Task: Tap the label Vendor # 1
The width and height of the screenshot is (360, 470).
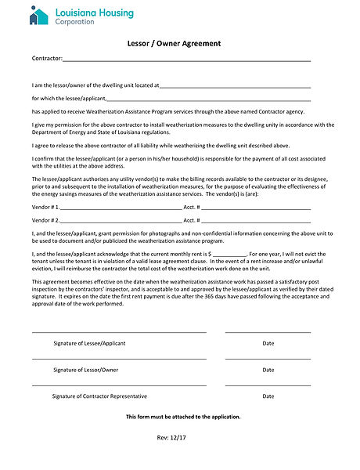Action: pos(45,207)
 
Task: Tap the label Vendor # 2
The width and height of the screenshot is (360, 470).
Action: pos(45,220)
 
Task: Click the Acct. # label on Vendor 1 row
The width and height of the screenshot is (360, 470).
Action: pos(192,207)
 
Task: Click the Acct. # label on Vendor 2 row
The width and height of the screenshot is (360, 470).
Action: pos(192,220)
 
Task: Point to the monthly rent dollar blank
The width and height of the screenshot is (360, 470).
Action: pos(230,256)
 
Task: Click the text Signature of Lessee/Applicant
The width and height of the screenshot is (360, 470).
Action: pos(89,343)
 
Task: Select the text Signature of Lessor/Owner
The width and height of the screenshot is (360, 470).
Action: pos(86,369)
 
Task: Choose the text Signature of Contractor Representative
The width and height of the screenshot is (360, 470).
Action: pos(99,396)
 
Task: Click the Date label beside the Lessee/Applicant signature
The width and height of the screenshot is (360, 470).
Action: pos(268,343)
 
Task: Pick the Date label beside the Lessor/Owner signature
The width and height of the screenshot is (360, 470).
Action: pos(268,369)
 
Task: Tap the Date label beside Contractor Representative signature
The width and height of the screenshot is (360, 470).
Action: pos(268,396)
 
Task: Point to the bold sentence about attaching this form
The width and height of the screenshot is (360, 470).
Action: pos(184,417)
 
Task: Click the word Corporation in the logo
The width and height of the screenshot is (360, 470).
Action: pos(75,22)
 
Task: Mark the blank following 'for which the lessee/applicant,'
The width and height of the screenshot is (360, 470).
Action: pos(208,99)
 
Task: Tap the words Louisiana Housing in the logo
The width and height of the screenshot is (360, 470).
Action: pos(95,13)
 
